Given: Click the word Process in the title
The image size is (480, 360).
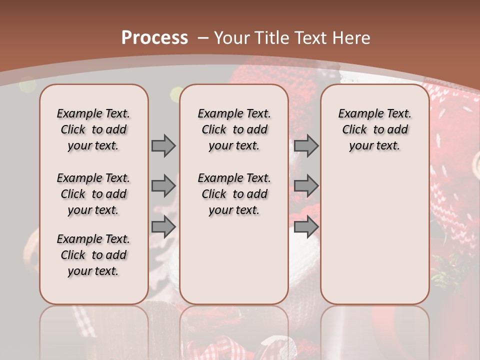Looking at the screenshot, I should coord(154,37).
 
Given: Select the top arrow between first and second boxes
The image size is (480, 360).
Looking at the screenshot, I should coord(163,146).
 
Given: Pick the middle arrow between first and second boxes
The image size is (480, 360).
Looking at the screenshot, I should coord(163,186).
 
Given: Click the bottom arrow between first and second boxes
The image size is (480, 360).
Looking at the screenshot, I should coord(163,226).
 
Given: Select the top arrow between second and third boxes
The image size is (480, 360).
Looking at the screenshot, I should coord(306,146).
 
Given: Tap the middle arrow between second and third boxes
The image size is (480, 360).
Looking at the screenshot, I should coord(306,186).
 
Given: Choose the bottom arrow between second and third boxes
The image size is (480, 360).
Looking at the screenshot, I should coord(306,226).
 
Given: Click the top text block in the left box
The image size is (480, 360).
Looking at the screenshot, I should coord(93,129).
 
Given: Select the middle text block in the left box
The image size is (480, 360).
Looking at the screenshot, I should coord(93,194).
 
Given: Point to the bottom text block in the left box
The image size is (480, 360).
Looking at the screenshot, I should coord(93,255).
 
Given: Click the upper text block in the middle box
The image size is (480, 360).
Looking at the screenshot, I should coord(234,129).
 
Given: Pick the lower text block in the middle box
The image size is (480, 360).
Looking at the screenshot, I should coord(234,194).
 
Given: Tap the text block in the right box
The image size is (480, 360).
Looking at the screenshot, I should coord(374,129).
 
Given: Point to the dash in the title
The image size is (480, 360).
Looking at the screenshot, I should coord(203,37).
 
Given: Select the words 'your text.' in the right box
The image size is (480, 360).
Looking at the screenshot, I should coord(374,146).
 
